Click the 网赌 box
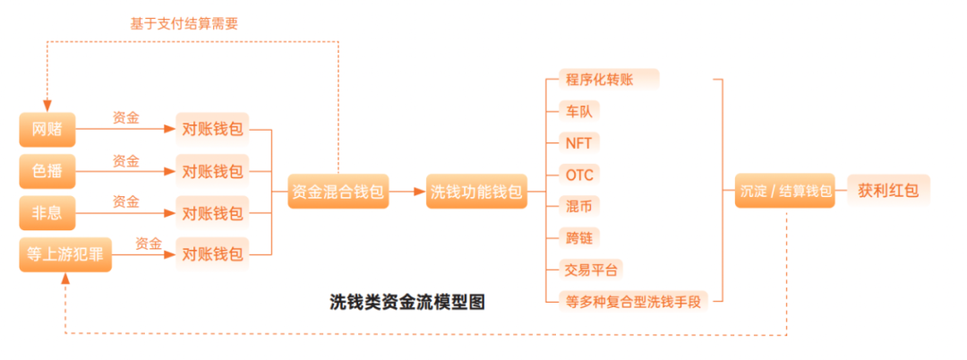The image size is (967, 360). [47, 129]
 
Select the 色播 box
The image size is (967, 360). [47, 170]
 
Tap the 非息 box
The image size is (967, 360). [47, 213]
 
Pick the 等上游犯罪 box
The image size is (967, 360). [64, 255]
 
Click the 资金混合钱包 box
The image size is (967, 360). [338, 192]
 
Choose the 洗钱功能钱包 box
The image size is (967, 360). [476, 192]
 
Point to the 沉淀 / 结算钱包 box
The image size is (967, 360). [784, 191]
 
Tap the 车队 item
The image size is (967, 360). [578, 111]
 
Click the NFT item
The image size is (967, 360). [578, 142]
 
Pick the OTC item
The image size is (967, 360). [579, 174]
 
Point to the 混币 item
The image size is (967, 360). [578, 206]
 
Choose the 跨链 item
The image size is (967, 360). [578, 237]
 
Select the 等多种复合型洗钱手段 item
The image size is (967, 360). [631, 301]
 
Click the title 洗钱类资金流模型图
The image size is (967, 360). [407, 301]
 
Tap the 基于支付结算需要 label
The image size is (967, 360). [184, 23]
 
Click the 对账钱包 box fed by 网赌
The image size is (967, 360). [212, 129]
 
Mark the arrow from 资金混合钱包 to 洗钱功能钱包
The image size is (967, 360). [407, 192]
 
